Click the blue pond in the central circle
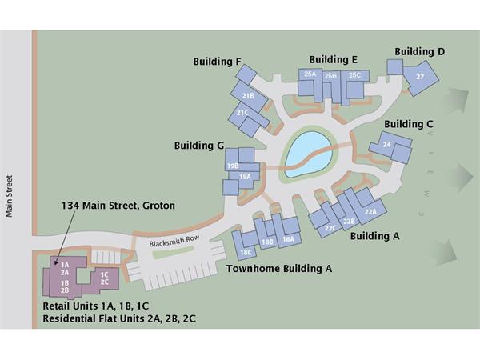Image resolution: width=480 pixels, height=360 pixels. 309,154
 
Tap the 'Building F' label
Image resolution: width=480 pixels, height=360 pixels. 217,62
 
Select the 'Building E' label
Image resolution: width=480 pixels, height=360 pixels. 333,59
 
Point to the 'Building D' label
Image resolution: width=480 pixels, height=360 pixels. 419,51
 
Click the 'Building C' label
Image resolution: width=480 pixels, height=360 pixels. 409,124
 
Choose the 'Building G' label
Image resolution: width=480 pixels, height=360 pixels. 199,146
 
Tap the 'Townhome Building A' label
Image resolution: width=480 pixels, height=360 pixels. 279,269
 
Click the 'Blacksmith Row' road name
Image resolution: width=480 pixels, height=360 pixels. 174,241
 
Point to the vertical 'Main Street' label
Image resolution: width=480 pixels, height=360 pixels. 9,196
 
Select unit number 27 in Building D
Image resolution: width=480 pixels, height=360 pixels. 420,77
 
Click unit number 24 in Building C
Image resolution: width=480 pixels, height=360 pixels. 387,144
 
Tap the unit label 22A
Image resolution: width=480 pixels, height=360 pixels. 370,211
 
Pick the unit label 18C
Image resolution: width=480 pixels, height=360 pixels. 246,253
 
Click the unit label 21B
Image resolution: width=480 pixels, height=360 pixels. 248,96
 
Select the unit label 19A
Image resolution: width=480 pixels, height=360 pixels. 245,177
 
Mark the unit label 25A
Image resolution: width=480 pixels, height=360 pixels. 310,74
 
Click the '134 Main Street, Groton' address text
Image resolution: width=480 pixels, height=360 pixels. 118,206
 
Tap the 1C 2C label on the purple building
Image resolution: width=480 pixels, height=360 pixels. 104,278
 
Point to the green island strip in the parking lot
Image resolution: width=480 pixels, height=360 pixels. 174,253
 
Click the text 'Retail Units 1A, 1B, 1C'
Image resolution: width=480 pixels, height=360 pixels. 96,306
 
